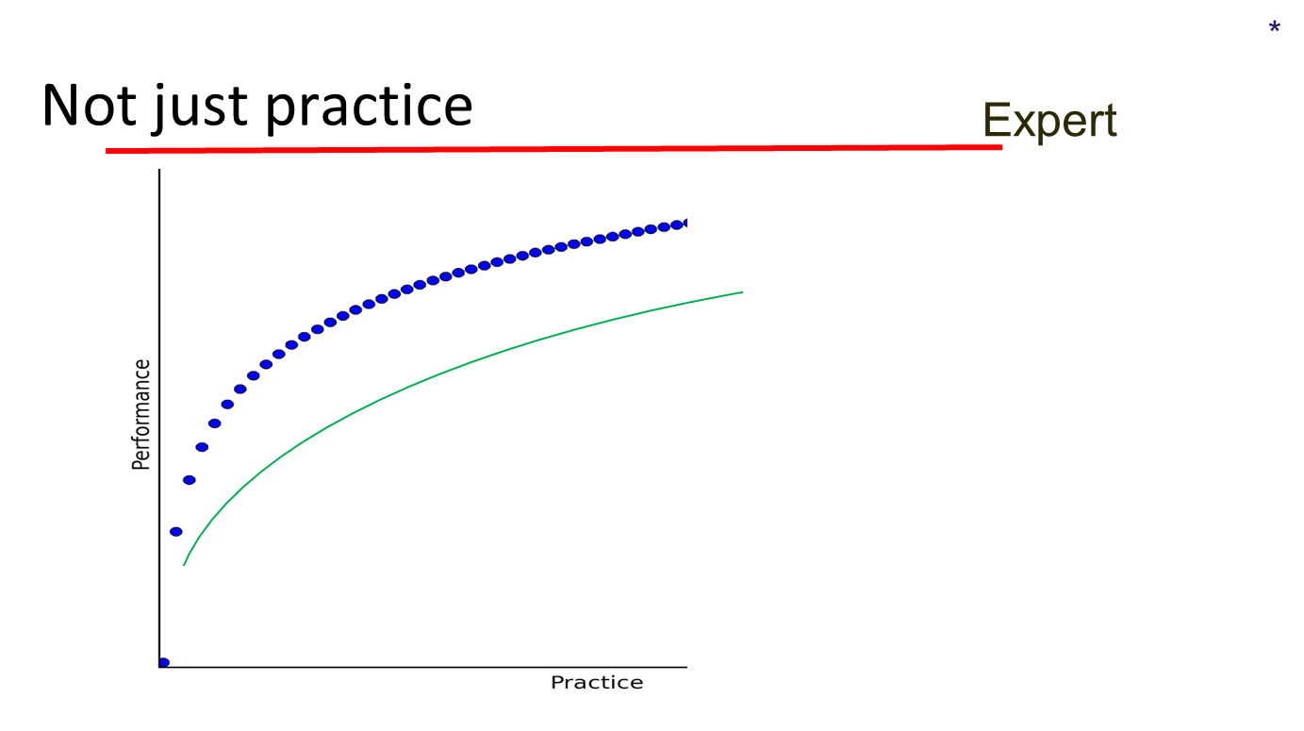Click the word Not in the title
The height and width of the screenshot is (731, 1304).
[x=90, y=105]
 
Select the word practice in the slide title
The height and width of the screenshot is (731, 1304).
[x=369, y=108]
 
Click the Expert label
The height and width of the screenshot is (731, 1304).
[x=1049, y=121]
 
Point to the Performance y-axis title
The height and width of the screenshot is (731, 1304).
[x=140, y=415]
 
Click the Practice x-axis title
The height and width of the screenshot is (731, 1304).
[x=597, y=683]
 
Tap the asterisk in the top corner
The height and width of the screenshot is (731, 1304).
[x=1275, y=26]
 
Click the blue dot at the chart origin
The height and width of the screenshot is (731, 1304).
[x=163, y=662]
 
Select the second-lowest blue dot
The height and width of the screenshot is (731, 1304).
[x=175, y=531]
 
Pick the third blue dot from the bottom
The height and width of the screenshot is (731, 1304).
[x=190, y=480]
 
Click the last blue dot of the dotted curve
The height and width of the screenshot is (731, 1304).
[x=685, y=223]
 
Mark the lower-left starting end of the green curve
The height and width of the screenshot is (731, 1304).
[x=184, y=565]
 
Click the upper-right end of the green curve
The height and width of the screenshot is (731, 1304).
[x=742, y=292]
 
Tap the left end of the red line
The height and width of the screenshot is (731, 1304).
[x=107, y=151]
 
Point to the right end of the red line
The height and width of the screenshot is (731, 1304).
[x=1001, y=147]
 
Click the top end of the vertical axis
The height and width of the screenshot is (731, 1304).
[x=159, y=170]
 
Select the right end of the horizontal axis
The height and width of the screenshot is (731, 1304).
[x=686, y=667]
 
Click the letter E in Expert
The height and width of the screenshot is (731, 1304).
[x=998, y=121]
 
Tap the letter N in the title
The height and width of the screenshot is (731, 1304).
[x=60, y=105]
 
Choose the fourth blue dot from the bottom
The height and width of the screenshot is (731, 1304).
[x=202, y=447]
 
